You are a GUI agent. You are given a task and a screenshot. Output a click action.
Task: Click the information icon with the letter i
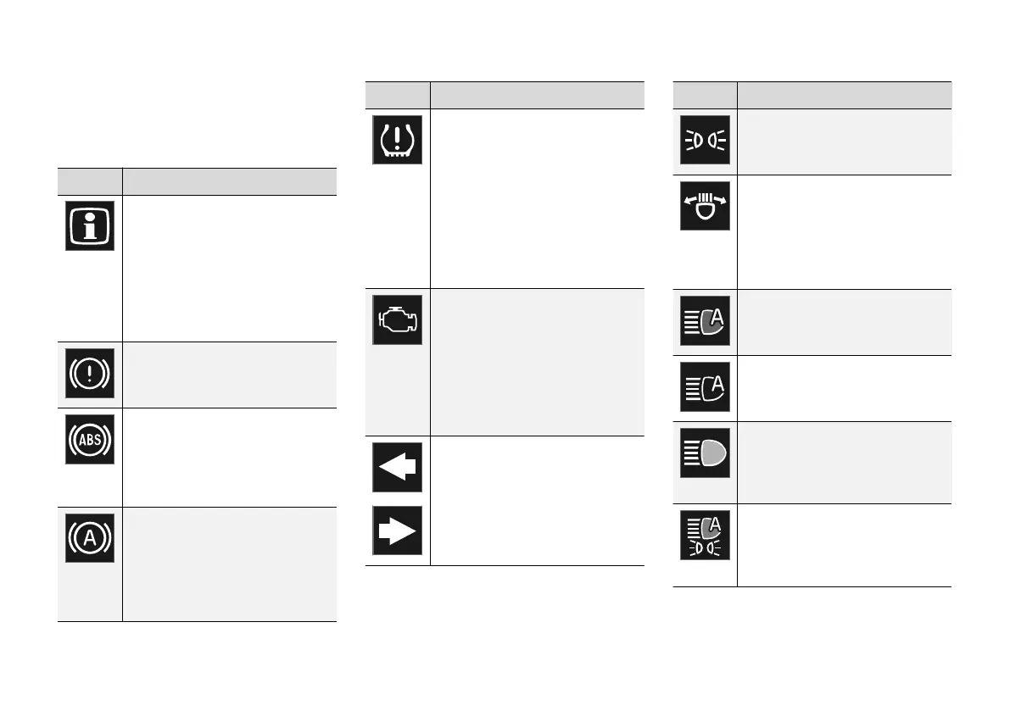(89, 225)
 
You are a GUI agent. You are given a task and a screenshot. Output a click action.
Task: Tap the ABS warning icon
(89, 439)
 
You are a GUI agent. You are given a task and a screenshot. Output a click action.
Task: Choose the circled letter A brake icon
(89, 537)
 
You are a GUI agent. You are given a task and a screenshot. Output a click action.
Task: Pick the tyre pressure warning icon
(397, 139)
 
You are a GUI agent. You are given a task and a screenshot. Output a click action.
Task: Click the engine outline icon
(397, 319)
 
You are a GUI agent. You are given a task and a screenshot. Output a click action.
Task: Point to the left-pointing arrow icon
(397, 468)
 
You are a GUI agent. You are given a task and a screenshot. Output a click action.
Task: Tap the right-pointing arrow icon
(397, 531)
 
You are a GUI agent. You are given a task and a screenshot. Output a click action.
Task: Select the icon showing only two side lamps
(705, 139)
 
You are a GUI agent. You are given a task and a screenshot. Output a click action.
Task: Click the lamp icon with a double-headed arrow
(705, 206)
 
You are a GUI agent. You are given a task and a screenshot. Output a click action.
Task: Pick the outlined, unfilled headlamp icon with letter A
(705, 386)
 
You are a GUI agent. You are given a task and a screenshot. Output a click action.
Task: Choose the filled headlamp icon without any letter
(705, 453)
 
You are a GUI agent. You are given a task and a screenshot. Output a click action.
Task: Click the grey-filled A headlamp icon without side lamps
(705, 320)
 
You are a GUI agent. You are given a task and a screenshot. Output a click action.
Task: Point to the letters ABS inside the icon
(89, 439)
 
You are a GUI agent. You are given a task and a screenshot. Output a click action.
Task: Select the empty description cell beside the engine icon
(537, 362)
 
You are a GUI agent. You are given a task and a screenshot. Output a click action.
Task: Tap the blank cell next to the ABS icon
(229, 458)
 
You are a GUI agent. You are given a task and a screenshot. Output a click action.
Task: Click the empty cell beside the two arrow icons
(537, 500)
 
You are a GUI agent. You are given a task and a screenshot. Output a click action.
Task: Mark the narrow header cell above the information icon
(90, 181)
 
